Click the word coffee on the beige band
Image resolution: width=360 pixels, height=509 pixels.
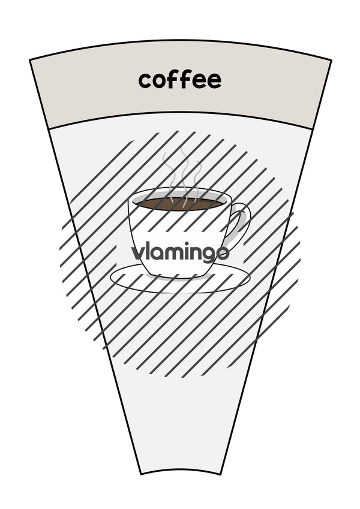179,80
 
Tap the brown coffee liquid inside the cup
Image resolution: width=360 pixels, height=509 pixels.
179,204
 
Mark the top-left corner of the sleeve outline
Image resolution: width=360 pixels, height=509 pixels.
30,60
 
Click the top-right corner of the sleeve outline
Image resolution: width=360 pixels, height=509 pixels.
331,60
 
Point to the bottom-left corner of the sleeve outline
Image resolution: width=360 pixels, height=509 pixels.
141,474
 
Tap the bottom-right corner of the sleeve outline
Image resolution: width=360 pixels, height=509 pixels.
221,474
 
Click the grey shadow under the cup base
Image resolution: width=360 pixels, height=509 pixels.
179,277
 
